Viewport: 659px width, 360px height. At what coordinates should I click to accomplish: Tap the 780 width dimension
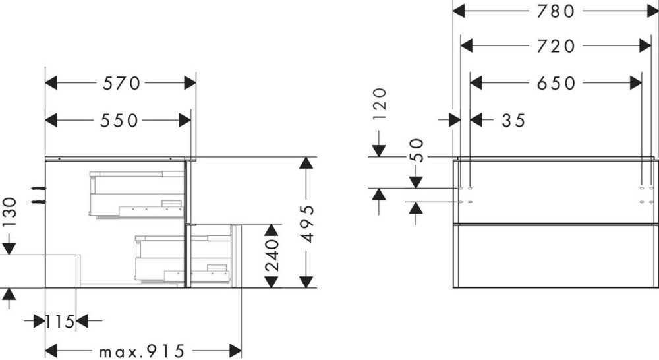556,11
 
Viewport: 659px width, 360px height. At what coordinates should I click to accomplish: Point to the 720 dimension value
556,46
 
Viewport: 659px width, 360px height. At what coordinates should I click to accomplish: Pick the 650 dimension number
556,83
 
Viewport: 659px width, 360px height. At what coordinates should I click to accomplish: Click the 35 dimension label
513,121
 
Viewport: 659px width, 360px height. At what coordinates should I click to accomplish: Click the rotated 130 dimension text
9,212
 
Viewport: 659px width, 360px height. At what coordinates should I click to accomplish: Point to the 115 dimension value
60,322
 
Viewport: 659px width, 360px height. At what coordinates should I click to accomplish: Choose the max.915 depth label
142,351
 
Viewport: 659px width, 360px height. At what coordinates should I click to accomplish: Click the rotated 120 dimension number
379,105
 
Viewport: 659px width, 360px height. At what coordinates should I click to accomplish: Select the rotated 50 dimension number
416,150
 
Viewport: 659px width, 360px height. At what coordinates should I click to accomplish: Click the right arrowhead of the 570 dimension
190,83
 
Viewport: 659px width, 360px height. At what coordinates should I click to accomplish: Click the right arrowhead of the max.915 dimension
235,351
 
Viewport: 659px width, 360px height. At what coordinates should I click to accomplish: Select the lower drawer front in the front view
556,256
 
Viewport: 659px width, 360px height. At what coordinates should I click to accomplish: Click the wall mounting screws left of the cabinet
38,194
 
